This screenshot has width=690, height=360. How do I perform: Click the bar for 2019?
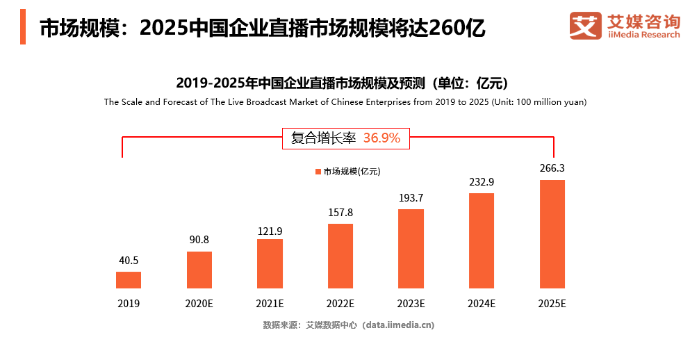point(129,280)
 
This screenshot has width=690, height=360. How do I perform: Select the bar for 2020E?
point(199,270)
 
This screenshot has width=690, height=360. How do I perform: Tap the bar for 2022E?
point(340,256)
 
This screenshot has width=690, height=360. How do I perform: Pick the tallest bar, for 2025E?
point(552,234)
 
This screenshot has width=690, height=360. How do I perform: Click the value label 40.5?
point(129,261)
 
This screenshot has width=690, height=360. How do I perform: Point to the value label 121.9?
point(270,231)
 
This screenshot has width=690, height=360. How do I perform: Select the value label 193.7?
point(411,198)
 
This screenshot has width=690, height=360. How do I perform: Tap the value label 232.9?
point(482,182)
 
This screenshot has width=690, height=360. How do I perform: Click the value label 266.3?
point(552,168)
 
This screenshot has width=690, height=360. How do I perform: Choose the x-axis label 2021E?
point(270,304)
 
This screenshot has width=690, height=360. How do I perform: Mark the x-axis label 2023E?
point(411,304)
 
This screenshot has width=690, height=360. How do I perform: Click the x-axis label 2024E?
point(482,304)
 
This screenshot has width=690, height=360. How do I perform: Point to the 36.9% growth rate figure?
point(381,138)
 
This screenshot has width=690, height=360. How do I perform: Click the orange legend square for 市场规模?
point(318,172)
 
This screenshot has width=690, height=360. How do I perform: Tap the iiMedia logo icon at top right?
point(585,26)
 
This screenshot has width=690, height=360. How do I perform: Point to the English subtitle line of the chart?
point(345,102)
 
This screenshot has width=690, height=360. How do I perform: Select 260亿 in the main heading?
point(457,28)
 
